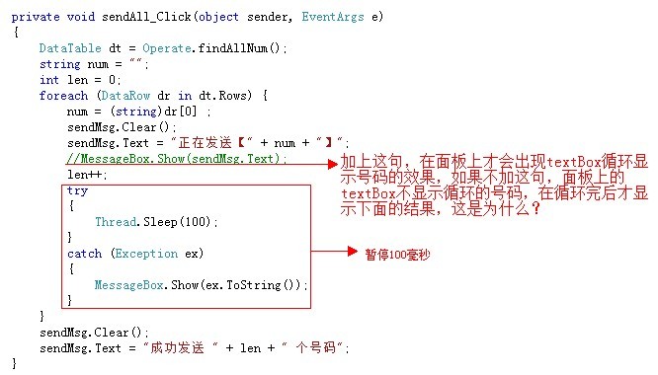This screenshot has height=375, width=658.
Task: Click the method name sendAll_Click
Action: tap(146, 17)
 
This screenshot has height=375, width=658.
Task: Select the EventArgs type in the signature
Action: tap(333, 17)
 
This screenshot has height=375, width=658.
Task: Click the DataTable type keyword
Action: tap(70, 48)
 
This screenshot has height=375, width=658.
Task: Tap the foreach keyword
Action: tap(64, 96)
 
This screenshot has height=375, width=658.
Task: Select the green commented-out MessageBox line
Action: tap(177, 159)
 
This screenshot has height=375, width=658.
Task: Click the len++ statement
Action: tap(87, 175)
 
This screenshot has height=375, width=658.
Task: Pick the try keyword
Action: tap(77, 190)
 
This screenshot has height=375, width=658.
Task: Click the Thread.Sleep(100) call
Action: tap(156, 222)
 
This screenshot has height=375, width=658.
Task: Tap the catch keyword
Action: tap(84, 254)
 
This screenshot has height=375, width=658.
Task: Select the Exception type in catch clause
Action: tap(146, 254)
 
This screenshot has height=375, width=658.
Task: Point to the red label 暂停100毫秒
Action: tap(397, 255)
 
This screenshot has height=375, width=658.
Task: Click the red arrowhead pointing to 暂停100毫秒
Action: tap(353, 252)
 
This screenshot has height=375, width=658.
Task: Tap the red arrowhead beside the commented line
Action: tap(333, 164)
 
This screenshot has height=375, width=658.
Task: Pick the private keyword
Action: tap(36, 17)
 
